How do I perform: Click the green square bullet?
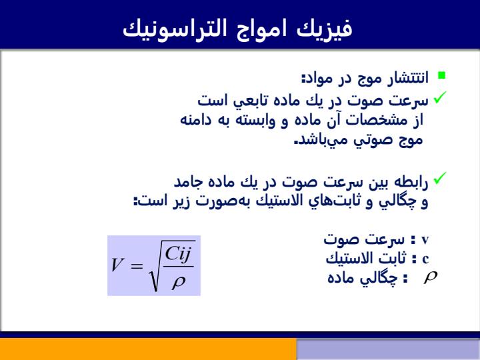(442, 75)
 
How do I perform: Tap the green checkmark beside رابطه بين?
(440, 178)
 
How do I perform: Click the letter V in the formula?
(117, 265)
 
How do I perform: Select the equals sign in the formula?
(137, 266)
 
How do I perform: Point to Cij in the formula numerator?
(178, 254)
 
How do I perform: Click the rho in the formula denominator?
(179, 282)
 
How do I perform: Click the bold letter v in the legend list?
(425, 240)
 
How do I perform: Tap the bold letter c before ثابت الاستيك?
(425, 259)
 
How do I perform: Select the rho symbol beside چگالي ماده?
(431, 277)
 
